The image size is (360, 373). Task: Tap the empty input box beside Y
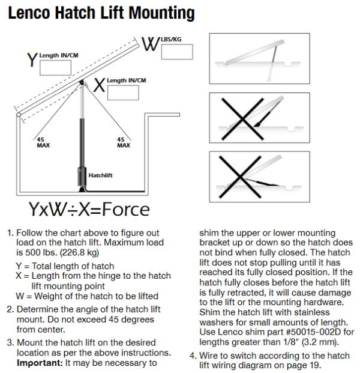(x=56, y=67)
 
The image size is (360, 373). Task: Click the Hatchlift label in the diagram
(x=100, y=175)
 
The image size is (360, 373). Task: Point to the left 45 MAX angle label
(x=43, y=143)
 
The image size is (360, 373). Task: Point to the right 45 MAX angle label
(x=123, y=143)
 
